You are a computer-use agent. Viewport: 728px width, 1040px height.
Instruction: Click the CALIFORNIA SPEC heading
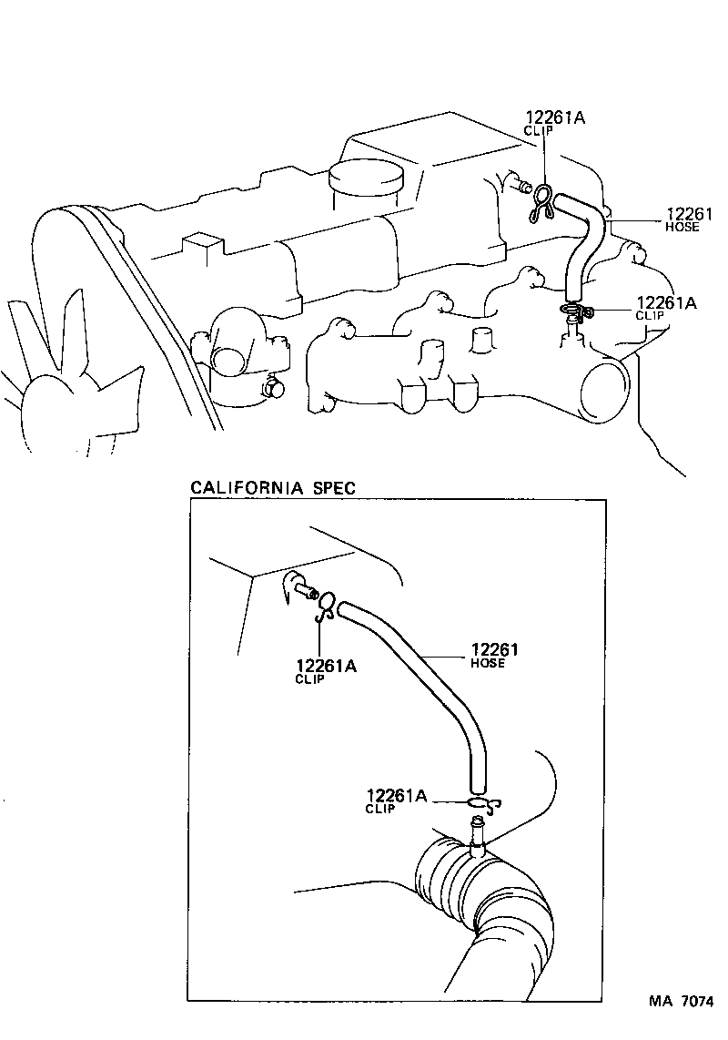[272, 487]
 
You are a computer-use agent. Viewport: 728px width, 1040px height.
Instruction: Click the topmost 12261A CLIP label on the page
[554, 122]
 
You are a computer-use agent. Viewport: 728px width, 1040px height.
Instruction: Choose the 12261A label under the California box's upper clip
[325, 671]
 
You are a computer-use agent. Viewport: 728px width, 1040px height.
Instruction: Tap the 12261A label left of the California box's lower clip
[396, 800]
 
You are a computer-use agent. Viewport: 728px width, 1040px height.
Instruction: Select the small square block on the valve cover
[202, 248]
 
